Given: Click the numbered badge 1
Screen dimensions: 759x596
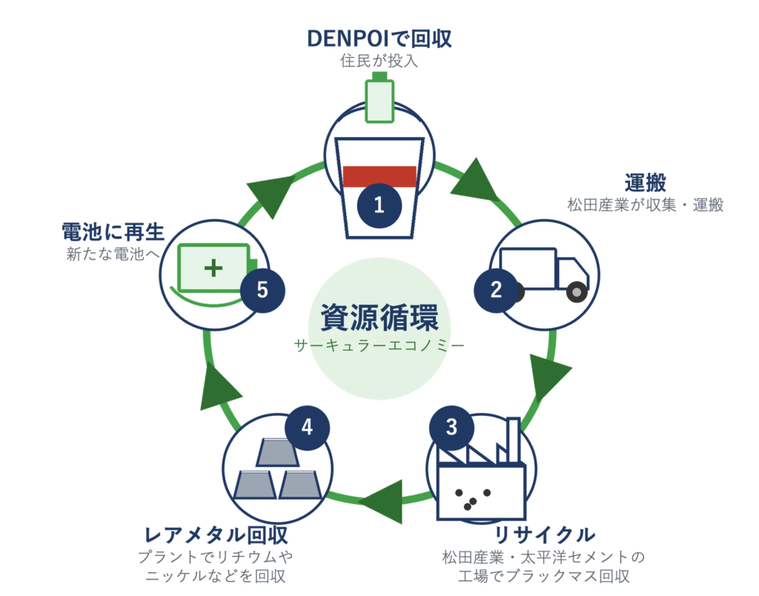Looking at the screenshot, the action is [x=379, y=206].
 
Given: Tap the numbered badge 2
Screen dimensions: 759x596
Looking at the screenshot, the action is [x=496, y=290].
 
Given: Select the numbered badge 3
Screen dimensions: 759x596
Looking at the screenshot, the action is [x=451, y=428].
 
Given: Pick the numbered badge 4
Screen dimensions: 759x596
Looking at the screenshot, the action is [x=308, y=428].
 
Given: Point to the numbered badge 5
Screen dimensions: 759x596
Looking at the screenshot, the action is [x=262, y=290].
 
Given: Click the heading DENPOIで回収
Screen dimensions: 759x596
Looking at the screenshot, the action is [x=379, y=39].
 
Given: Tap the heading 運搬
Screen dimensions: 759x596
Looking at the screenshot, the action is [x=646, y=183].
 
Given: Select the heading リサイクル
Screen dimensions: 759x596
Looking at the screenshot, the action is [x=544, y=535].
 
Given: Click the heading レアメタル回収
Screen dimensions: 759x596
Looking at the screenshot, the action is [x=216, y=535].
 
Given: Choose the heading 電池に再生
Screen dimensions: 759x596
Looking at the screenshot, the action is [x=113, y=232].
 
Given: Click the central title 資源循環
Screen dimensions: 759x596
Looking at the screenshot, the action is [x=379, y=317].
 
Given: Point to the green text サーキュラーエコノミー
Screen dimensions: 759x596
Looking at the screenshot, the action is [x=379, y=345].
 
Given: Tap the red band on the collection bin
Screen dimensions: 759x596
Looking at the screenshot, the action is [x=379, y=176].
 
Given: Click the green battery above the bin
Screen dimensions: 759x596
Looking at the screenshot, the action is [x=379, y=97].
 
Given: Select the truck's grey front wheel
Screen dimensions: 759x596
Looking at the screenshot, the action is [x=577, y=292].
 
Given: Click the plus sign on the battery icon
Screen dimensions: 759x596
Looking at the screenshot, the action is [x=213, y=268].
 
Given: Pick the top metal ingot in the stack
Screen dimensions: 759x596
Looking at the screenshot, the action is [x=277, y=453].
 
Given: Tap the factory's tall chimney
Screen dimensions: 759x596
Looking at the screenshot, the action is [x=513, y=440].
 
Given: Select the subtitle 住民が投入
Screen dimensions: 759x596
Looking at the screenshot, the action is [x=379, y=61].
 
